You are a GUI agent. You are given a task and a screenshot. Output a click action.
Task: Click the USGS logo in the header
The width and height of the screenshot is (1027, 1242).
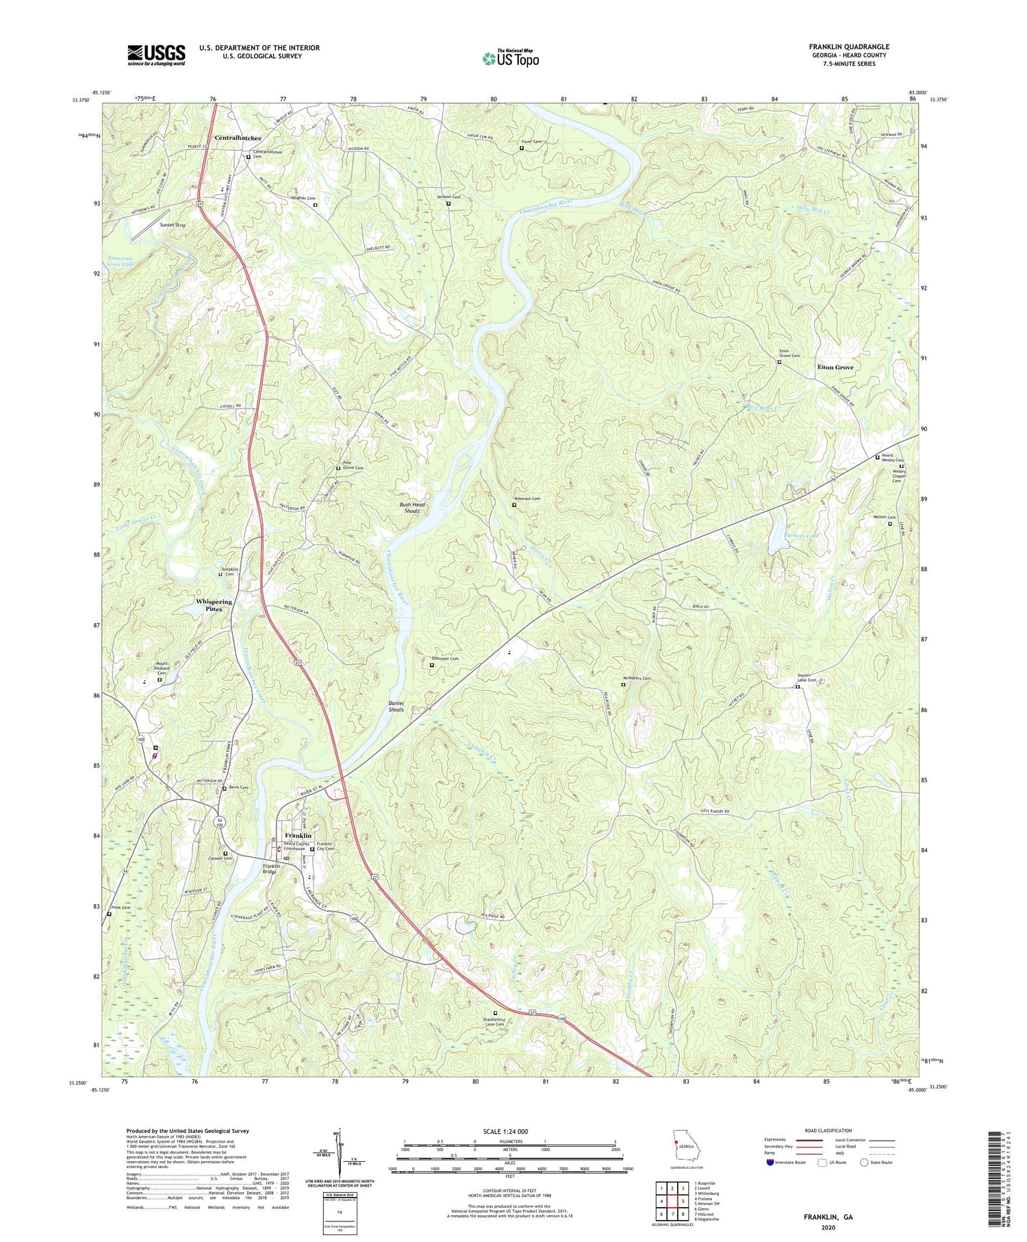pyautogui.click(x=156, y=55)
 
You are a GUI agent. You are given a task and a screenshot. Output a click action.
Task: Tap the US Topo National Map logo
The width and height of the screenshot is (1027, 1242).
pyautogui.click(x=510, y=58)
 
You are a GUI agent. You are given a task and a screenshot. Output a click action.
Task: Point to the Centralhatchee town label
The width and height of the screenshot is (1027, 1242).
pyautogui.click(x=238, y=138)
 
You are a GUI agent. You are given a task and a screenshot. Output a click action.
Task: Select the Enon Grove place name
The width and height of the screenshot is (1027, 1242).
pyautogui.click(x=835, y=367)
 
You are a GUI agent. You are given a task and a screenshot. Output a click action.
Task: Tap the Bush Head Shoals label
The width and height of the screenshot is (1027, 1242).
pyautogui.click(x=412, y=508)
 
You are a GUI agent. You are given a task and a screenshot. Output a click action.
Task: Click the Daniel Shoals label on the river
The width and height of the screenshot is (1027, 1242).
pyautogui.click(x=396, y=706)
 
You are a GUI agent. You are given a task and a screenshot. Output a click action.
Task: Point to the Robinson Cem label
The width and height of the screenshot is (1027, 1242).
pyautogui.click(x=527, y=499)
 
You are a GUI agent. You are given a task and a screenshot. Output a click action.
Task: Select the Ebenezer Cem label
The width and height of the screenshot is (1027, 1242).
pyautogui.click(x=444, y=658)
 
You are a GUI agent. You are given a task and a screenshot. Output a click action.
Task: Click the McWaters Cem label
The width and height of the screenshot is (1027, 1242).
pyautogui.click(x=636, y=678)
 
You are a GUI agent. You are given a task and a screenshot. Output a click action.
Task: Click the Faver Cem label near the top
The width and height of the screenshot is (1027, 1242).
pyautogui.click(x=531, y=142)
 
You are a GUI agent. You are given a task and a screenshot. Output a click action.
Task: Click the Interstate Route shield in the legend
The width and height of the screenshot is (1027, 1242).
pyautogui.click(x=771, y=1163)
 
